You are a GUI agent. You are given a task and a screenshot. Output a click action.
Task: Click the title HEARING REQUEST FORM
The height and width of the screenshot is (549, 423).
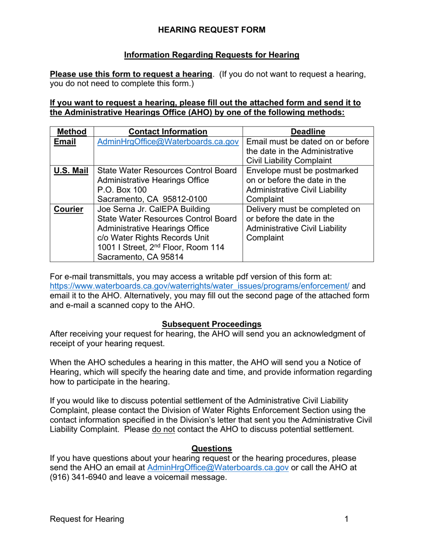[x=211, y=30]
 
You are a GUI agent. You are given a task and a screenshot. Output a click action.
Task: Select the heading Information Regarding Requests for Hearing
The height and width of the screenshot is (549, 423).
[x=211, y=55]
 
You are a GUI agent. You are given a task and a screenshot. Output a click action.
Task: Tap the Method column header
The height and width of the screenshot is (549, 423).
[x=72, y=131]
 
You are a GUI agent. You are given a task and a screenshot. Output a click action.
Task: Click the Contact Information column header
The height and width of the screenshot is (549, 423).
[x=168, y=131]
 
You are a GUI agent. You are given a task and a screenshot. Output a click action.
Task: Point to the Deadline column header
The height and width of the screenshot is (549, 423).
[x=308, y=131]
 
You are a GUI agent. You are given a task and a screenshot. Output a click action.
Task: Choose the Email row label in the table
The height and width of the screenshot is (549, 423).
[x=65, y=142]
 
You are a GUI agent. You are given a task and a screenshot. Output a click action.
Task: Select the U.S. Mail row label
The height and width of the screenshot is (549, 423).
[x=71, y=171]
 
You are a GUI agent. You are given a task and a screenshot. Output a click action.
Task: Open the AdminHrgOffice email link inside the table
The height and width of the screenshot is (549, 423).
[x=168, y=142]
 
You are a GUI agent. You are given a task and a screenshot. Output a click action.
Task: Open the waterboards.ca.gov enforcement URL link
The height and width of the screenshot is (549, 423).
[x=199, y=286]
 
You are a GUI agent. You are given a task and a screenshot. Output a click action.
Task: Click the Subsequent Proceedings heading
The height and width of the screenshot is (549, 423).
[x=211, y=324]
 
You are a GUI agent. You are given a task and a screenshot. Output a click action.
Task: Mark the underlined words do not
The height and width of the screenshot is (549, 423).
[x=163, y=430]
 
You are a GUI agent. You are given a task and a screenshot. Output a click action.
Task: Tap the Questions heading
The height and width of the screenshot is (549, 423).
[x=211, y=448]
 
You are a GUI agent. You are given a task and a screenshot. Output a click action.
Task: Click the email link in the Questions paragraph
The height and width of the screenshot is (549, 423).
[x=218, y=467]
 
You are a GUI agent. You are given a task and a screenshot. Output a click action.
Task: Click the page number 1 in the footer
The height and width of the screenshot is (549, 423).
[x=346, y=519]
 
